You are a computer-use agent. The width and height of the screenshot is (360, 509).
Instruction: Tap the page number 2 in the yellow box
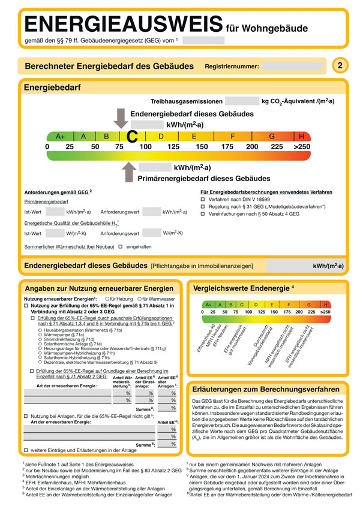[x=340, y=65]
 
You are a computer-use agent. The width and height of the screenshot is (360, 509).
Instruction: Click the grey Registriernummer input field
[x=291, y=67]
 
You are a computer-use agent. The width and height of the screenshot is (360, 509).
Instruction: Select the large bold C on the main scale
[x=133, y=137]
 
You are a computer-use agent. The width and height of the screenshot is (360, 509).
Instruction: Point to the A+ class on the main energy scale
[x=60, y=136]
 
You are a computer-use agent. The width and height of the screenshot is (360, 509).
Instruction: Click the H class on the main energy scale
[x=301, y=136]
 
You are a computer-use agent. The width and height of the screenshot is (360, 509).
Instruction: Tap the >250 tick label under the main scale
[x=302, y=147]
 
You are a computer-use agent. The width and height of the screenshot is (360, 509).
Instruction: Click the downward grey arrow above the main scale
[x=121, y=119]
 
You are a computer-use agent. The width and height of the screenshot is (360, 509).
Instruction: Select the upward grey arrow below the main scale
[x=128, y=173]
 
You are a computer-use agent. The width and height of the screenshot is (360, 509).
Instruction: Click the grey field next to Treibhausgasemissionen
[x=241, y=103]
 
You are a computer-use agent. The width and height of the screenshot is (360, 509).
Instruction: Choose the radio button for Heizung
[x=106, y=299]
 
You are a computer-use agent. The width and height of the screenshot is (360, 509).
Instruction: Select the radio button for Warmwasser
[x=139, y=299]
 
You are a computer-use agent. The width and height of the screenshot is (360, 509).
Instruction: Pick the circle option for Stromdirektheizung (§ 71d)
[x=40, y=339]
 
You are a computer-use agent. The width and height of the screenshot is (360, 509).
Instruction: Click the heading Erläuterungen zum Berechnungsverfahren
[x=259, y=388]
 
